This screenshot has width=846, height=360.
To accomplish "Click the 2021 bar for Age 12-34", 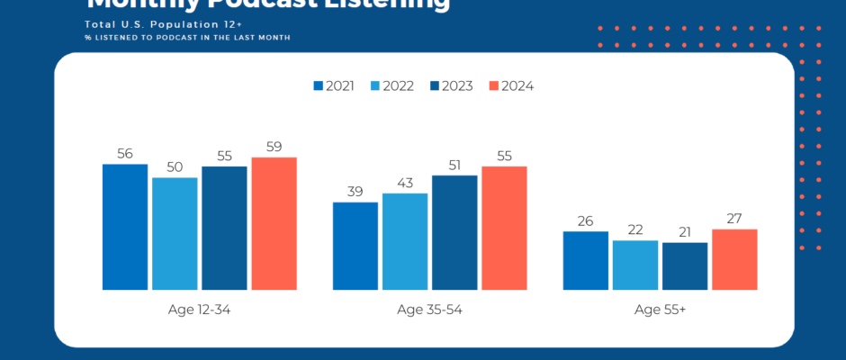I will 125,227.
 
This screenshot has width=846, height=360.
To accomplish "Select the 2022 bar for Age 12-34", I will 175,234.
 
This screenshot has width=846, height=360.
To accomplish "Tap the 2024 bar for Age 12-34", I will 274,223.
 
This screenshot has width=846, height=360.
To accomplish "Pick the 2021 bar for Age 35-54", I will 355,246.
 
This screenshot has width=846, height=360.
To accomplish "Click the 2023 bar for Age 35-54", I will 454,232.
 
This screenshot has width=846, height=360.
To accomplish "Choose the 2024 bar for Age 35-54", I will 504,228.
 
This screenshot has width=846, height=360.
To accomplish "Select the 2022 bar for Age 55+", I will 635,265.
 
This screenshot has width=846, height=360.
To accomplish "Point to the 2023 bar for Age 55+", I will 685,266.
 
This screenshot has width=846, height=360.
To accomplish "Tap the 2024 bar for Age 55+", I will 734,259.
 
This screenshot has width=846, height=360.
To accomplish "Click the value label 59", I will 274,147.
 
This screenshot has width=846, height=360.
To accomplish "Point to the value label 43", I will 405,183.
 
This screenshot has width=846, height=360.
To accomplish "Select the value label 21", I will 685,232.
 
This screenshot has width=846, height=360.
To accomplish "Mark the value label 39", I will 355,192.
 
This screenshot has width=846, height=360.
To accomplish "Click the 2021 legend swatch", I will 318,86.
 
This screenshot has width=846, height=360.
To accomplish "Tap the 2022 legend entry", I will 391,86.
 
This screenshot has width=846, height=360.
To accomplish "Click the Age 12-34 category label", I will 200,310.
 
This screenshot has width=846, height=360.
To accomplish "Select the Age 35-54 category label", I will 430,310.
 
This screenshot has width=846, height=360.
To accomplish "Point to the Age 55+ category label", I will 660,310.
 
